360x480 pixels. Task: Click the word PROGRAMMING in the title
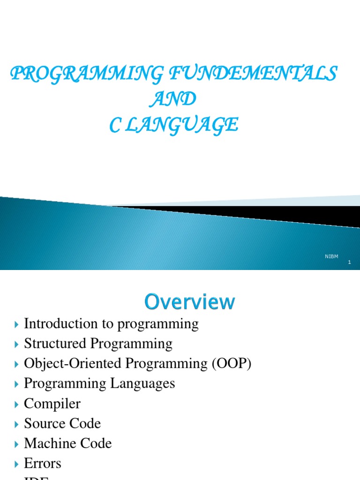(87, 74)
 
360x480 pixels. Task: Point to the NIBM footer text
(331, 256)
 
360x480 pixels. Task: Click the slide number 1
(349, 262)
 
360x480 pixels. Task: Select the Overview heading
(190, 301)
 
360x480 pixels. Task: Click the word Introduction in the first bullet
(55, 323)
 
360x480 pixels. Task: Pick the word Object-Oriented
(69, 364)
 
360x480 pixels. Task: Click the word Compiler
(52, 404)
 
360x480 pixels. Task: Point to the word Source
(40, 424)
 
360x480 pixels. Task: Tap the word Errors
(43, 464)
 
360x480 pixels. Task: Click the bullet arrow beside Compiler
(17, 404)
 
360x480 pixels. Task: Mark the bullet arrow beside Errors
(17, 464)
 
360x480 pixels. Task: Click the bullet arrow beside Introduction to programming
(17, 324)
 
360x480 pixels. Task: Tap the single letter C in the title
(115, 125)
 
